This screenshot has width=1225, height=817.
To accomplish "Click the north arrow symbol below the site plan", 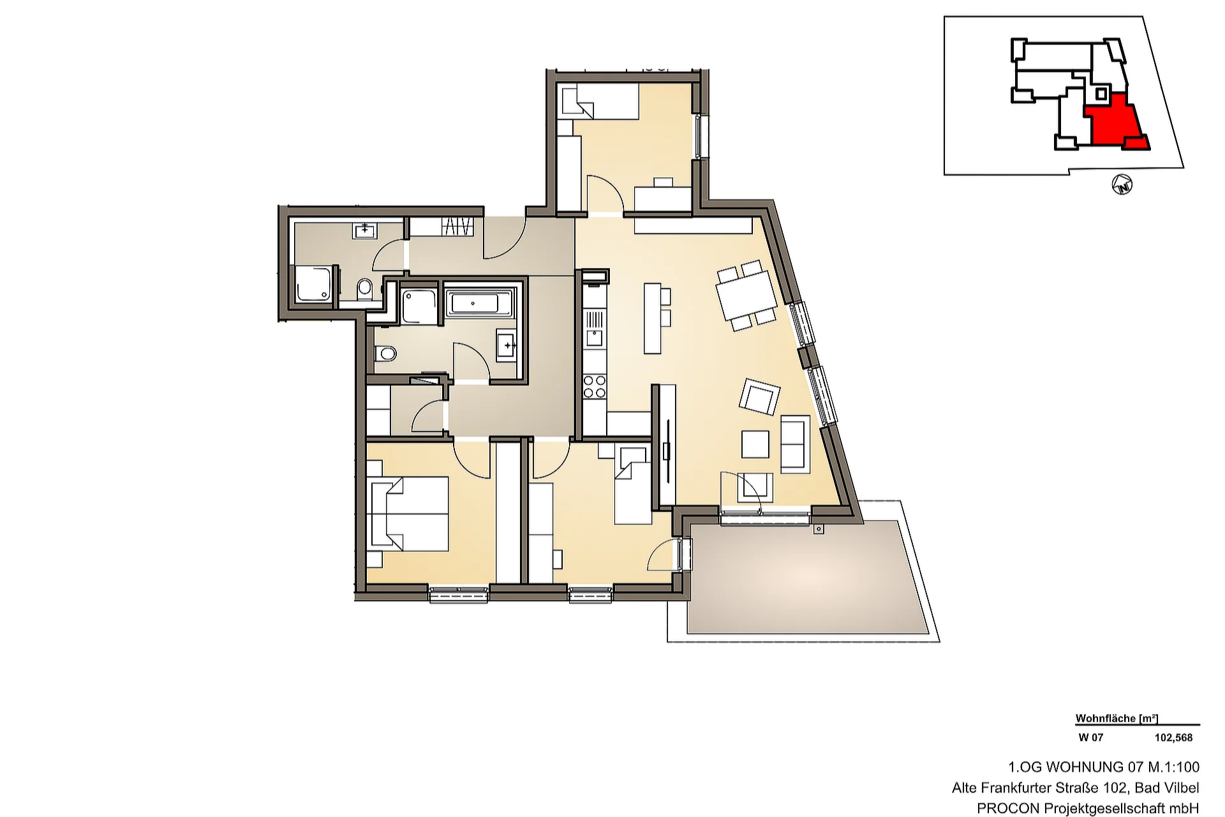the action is coord(1122,186).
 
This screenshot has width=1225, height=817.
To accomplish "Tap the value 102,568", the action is coord(1173,737).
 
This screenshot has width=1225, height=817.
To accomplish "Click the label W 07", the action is coord(1090,737).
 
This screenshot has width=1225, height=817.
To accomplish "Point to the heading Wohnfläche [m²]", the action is coord(1117,718).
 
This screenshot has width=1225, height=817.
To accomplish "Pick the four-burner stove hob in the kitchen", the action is coord(595,386).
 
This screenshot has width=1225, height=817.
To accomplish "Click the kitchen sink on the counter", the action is coord(594,337).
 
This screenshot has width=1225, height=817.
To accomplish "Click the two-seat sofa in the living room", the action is coord(795,444).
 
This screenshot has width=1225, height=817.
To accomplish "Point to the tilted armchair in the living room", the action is coord(759,397).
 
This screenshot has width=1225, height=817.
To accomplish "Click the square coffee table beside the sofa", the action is coord(755,444).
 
